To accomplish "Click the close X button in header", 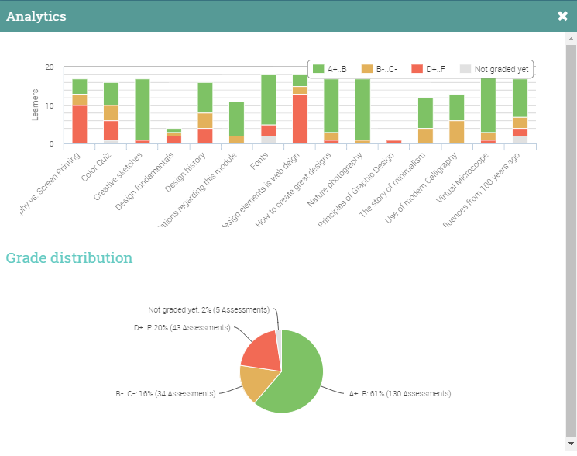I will tap(562, 16).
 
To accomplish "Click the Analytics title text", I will tap(36, 16).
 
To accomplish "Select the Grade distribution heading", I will tap(69, 258).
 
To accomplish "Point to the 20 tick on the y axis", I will tap(50, 67).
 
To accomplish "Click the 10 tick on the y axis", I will tap(50, 105).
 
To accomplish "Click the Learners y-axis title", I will tap(35, 105).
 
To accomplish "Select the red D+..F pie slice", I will tap(262, 351).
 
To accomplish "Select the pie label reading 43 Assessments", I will tap(182, 328).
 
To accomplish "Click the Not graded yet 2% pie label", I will tap(209, 309).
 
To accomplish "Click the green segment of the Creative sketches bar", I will tap(143, 109).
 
